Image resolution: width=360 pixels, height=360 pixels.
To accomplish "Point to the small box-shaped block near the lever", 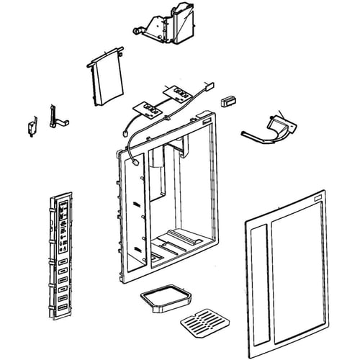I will click(x=230, y=100).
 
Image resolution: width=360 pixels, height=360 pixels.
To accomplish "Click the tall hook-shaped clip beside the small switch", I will click(x=53, y=115).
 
